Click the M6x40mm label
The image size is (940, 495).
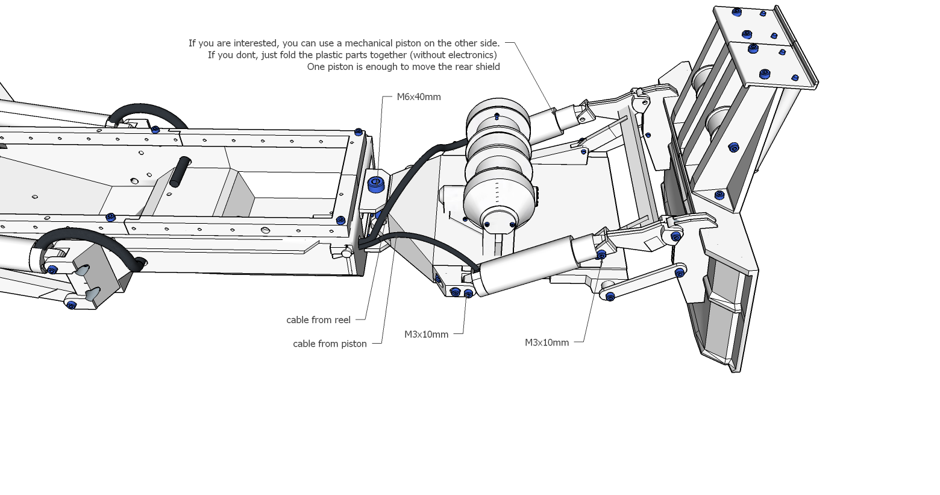[418, 97]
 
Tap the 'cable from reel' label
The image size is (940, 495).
[318, 320]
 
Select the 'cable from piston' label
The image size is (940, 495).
[330, 344]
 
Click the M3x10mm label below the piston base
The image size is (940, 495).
[426, 335]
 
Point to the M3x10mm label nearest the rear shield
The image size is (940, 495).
[547, 343]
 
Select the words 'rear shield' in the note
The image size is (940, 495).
[476, 67]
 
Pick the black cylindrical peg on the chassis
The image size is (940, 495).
[180, 171]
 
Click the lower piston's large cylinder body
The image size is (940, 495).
[524, 265]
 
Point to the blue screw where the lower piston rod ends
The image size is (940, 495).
[601, 255]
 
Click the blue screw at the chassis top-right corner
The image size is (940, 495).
[359, 132]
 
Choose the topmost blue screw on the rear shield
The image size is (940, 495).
[736, 11]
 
